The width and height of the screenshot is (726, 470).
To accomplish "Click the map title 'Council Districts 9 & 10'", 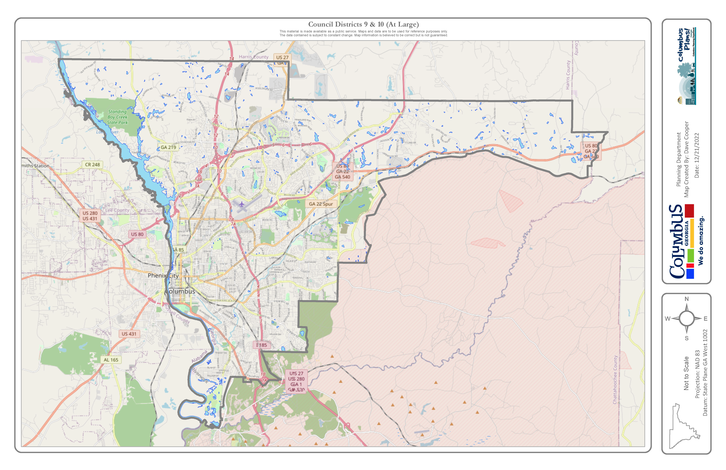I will tap(363, 24).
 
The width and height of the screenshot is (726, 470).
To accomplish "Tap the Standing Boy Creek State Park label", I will tap(117, 117).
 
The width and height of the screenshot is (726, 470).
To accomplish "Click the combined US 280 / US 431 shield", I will tap(90, 216).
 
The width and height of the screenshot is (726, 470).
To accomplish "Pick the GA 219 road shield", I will tap(168, 147).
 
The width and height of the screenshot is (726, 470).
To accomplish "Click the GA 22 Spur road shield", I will tap(321, 204).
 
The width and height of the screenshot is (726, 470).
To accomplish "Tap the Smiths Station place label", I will tap(35, 166).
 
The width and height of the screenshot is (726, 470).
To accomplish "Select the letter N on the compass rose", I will tap(687, 299).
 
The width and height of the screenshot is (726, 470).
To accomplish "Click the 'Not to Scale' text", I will tap(686, 373).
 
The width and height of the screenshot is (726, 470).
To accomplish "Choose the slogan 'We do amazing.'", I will tap(701, 241).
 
